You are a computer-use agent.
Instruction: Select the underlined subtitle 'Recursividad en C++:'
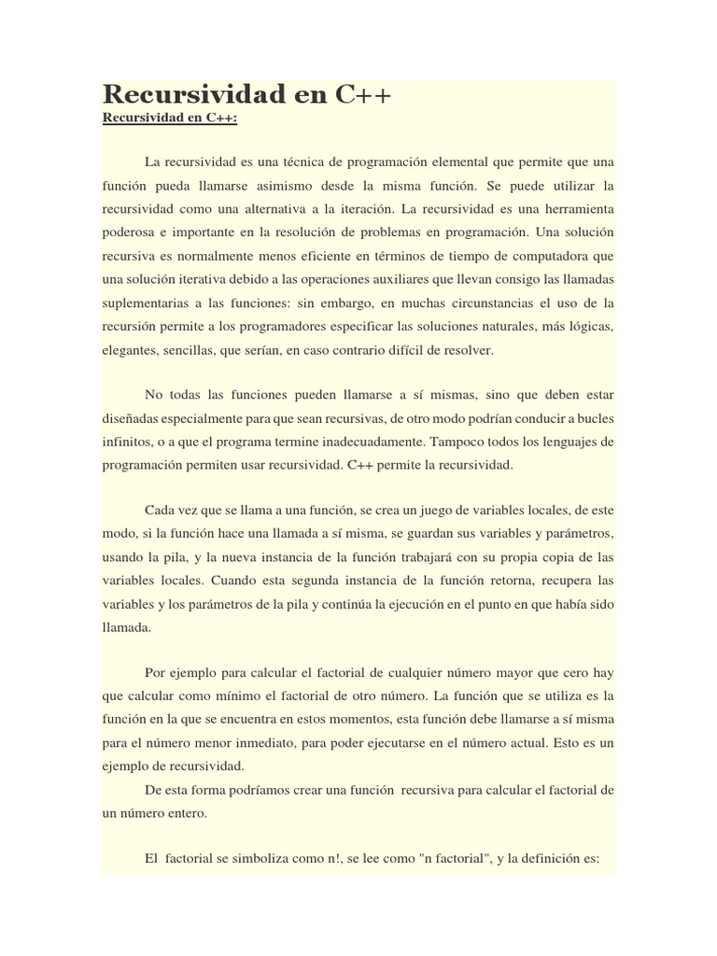point(170,119)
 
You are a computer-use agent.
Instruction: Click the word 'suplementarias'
point(147,302)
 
